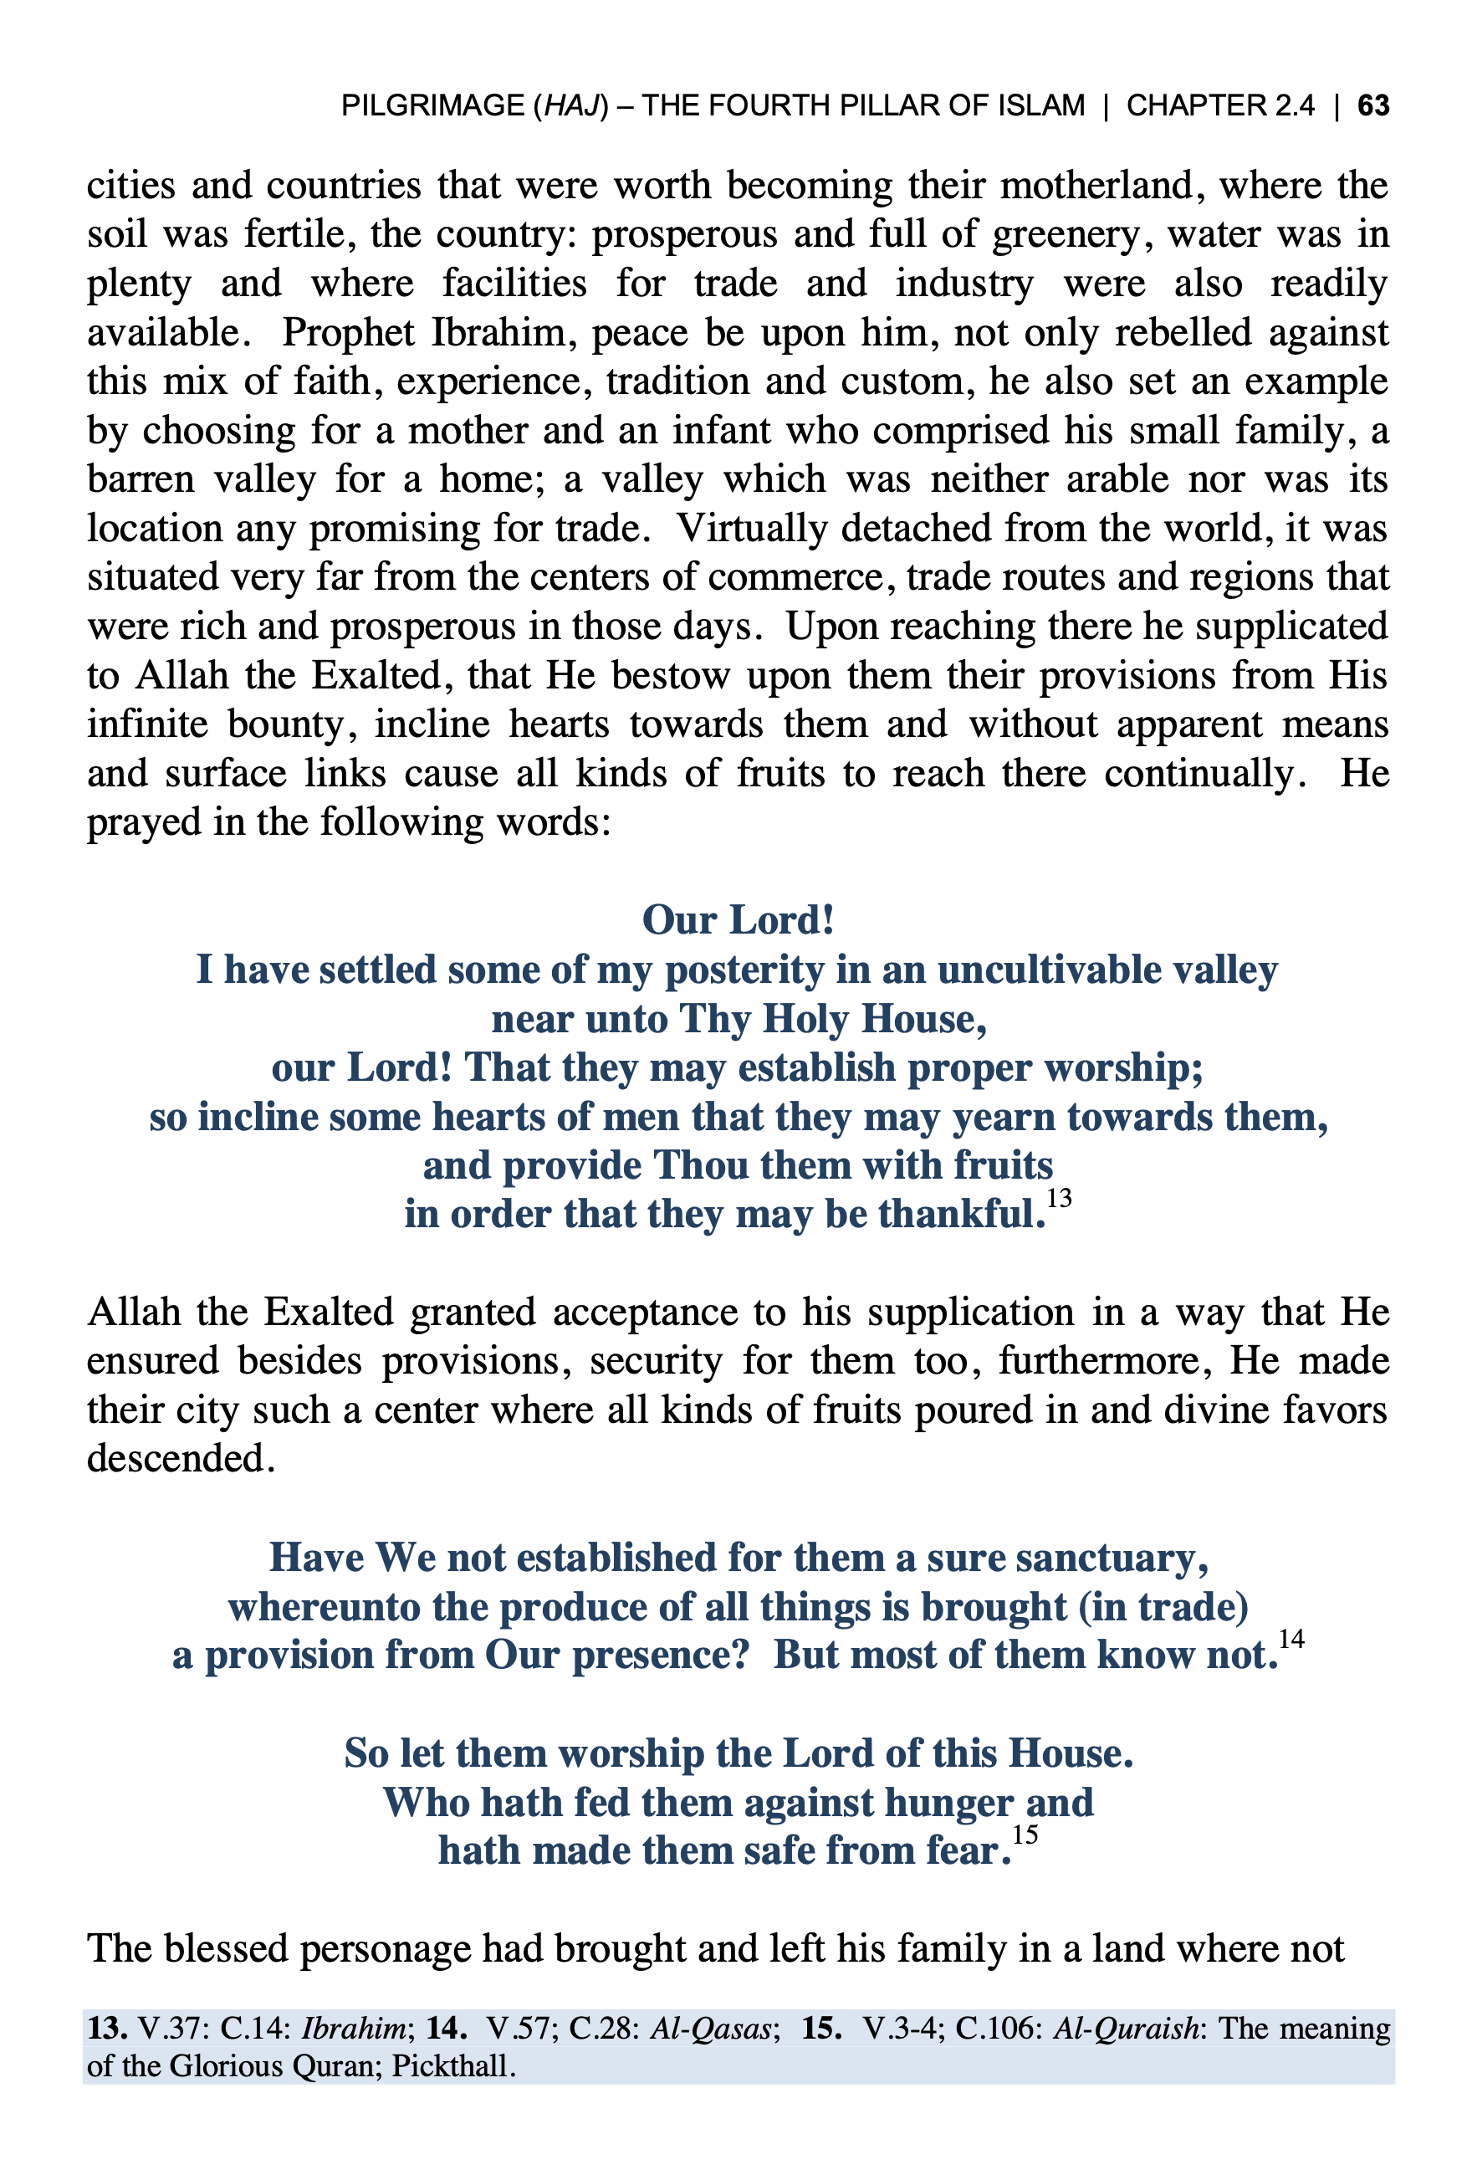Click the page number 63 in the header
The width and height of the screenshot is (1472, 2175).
pyautogui.click(x=1372, y=105)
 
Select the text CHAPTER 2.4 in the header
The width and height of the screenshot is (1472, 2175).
pyautogui.click(x=1219, y=105)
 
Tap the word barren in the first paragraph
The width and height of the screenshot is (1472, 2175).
pyautogui.click(x=141, y=480)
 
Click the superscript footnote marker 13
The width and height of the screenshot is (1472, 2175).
pyautogui.click(x=1058, y=1199)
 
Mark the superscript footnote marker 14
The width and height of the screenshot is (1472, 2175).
pyautogui.click(x=1291, y=1639)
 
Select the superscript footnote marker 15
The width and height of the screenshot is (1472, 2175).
pyautogui.click(x=1025, y=1835)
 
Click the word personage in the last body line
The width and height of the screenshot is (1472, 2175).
pyautogui.click(x=383, y=1949)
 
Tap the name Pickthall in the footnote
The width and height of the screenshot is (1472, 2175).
pyautogui.click(x=451, y=2065)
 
